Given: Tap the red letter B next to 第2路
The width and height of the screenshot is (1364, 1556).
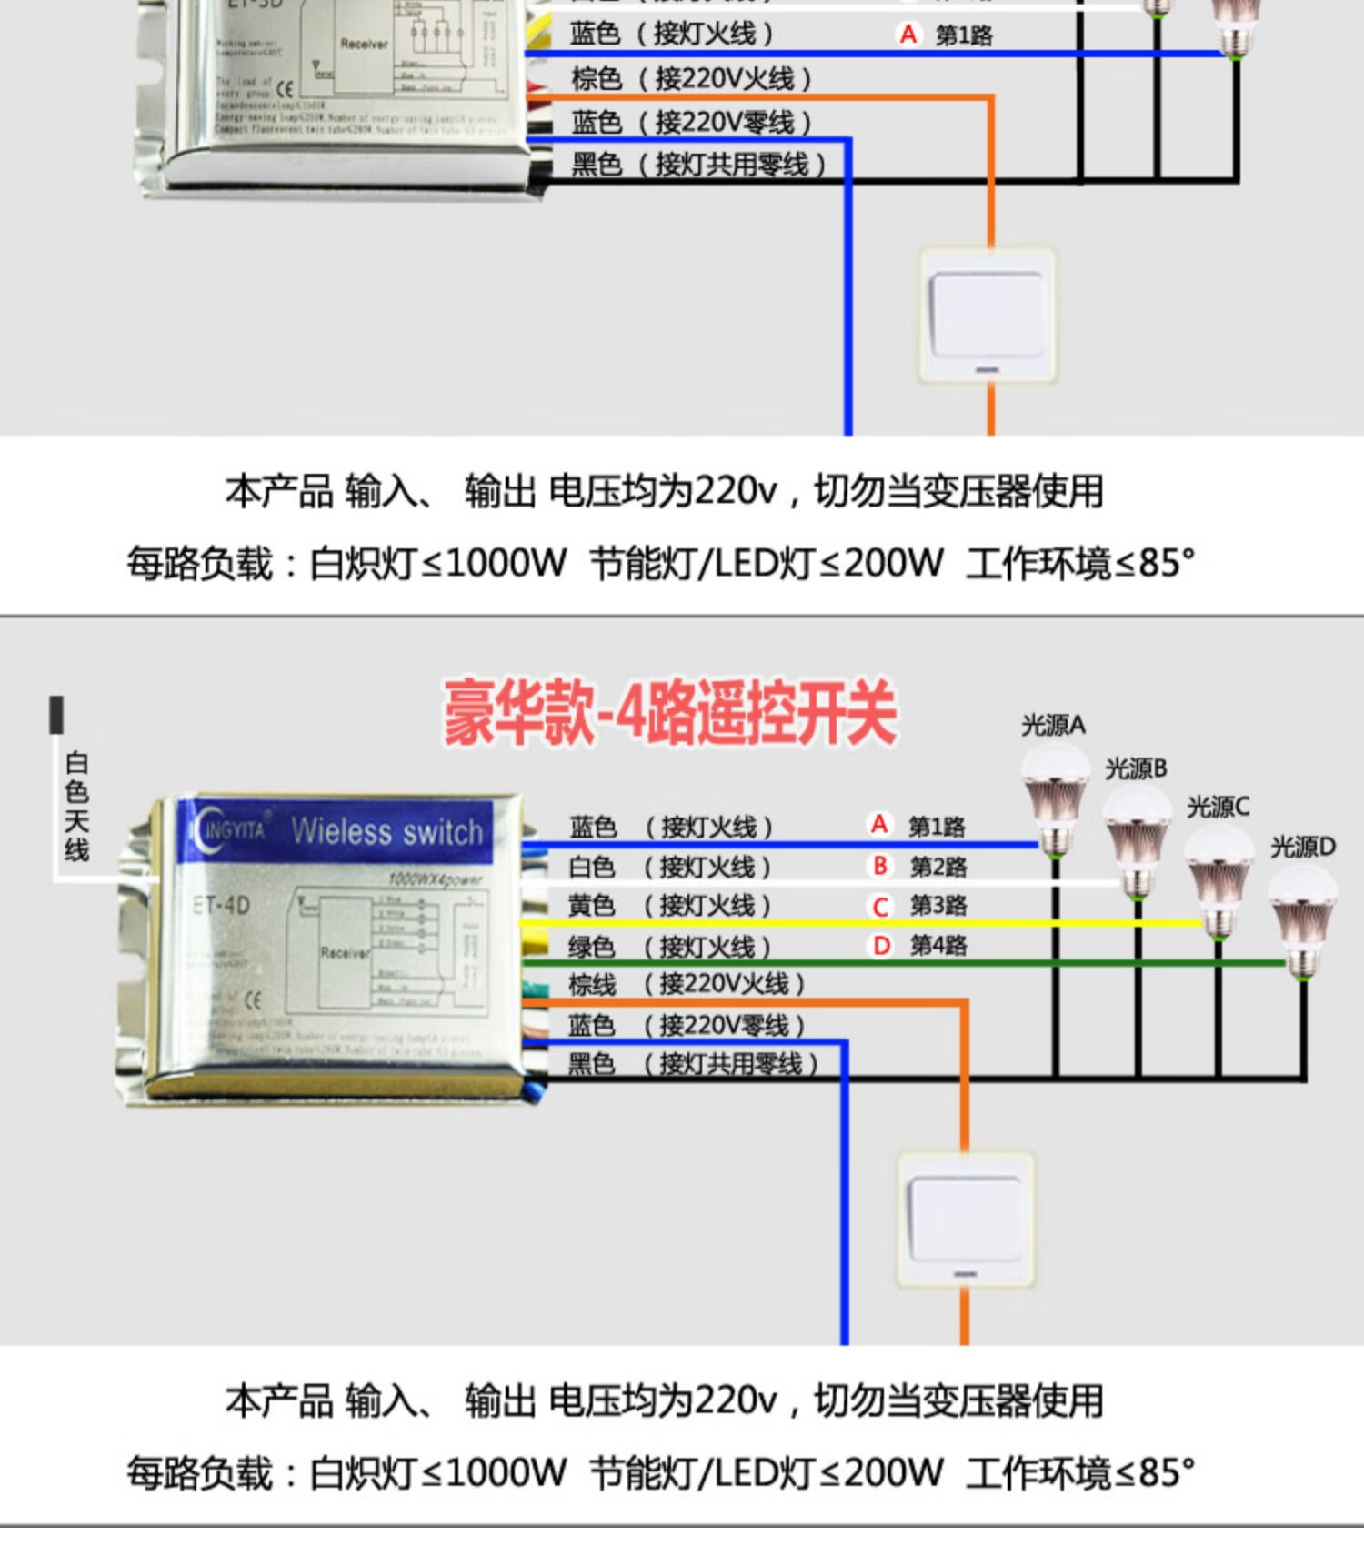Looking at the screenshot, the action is click(879, 866).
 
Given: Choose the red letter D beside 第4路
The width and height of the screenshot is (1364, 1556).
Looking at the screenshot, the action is click(880, 946).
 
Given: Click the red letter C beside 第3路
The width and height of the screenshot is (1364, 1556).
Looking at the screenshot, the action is click(879, 907).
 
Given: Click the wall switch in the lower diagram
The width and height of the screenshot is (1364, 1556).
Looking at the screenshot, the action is click(965, 1219).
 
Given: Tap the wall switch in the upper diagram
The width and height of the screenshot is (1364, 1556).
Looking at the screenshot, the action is click(988, 315).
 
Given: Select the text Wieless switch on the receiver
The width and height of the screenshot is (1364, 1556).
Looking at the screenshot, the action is click(386, 831).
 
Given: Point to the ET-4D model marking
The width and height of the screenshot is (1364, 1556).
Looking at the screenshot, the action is click(221, 906).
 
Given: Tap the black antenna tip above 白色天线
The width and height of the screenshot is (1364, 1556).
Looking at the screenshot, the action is click(56, 715).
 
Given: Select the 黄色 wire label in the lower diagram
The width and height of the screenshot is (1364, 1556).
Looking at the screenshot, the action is click(591, 906).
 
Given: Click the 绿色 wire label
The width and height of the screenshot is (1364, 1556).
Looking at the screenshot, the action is click(591, 947).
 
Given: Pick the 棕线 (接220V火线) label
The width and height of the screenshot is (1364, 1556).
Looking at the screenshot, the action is click(686, 984).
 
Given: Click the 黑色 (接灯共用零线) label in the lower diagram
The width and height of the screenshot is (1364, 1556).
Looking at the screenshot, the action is click(692, 1063).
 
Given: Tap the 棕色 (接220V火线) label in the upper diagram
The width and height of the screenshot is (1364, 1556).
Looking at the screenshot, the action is click(691, 79).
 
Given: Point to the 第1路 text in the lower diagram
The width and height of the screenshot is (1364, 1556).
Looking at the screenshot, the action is click(937, 827).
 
